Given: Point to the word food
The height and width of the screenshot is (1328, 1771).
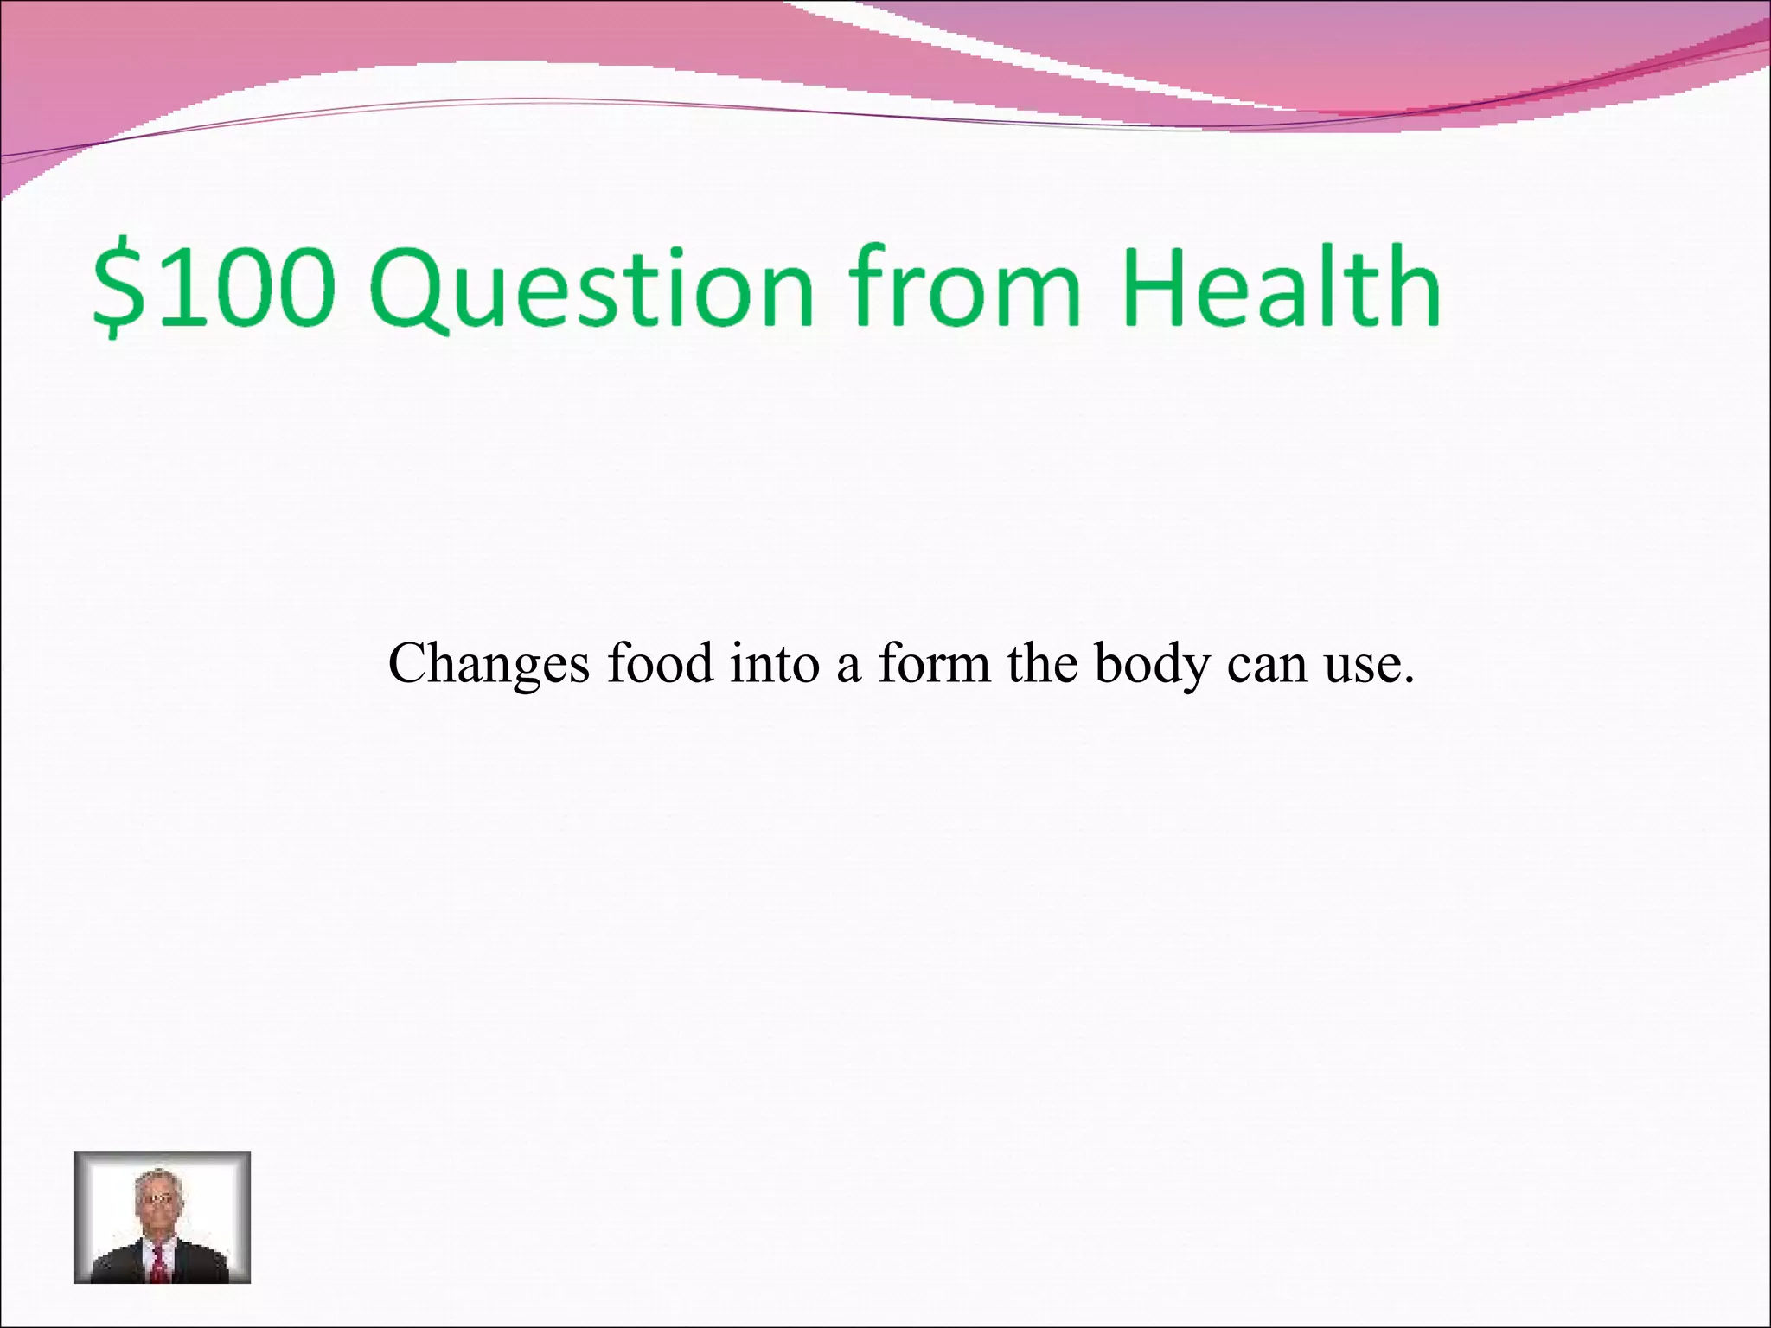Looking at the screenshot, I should (x=660, y=664).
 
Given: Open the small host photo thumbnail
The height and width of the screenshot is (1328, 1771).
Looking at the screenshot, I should (x=162, y=1217).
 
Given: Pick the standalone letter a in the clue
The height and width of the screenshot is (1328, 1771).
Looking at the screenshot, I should (x=847, y=667).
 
